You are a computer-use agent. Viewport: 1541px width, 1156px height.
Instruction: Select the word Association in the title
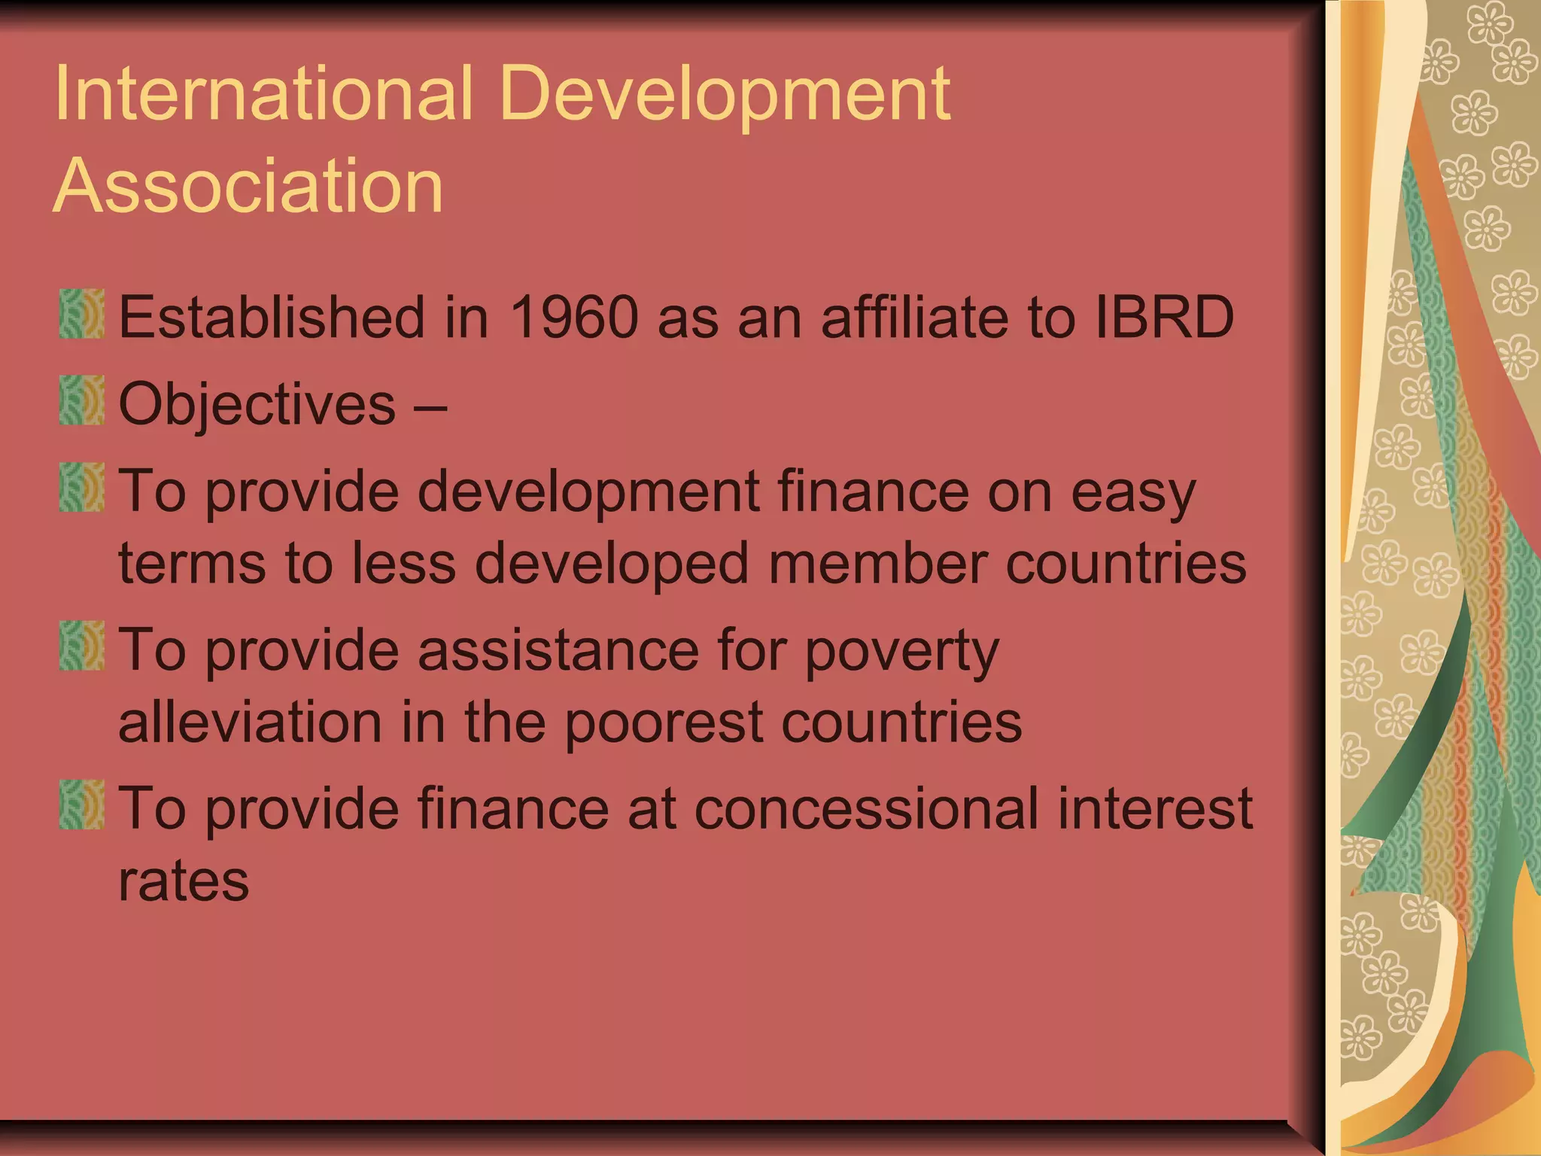[248, 185]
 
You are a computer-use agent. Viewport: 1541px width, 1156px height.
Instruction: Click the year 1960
[574, 317]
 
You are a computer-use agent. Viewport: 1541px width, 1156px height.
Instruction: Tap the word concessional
[866, 808]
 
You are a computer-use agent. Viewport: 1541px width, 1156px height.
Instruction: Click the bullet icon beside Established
[81, 314]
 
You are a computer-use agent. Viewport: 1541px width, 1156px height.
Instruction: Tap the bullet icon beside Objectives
[81, 400]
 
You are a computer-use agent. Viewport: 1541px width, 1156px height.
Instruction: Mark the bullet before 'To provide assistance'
[81, 646]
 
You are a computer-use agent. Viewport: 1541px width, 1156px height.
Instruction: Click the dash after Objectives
[430, 407]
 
